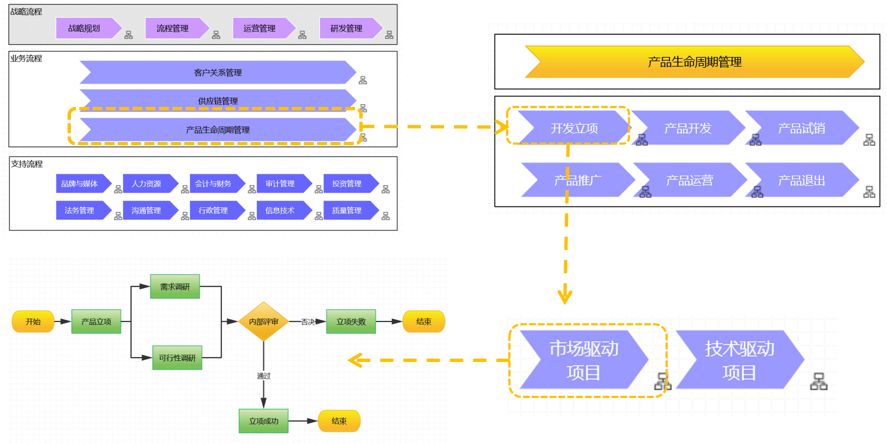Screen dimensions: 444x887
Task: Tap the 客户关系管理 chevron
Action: coord(218,73)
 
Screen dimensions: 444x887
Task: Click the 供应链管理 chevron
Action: coord(218,100)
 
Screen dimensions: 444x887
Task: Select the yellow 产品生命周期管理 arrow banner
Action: coord(694,62)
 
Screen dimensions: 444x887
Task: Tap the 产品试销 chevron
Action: coord(801,129)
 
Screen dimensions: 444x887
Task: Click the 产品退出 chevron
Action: coord(801,181)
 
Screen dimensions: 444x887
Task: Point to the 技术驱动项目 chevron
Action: coord(739,360)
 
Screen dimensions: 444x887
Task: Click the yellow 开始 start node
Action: coord(33,321)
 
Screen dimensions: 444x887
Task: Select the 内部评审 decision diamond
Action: coord(264,321)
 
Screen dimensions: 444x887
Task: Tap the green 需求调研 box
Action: coord(175,287)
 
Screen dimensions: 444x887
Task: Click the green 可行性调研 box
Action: coord(177,358)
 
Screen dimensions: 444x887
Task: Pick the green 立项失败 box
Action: coord(351,321)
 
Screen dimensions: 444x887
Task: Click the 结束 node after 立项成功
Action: coord(339,421)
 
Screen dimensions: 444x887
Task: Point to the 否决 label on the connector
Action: coord(308,322)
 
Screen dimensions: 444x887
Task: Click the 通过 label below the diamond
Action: coord(264,376)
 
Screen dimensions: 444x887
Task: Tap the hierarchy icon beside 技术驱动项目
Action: coord(819,381)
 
